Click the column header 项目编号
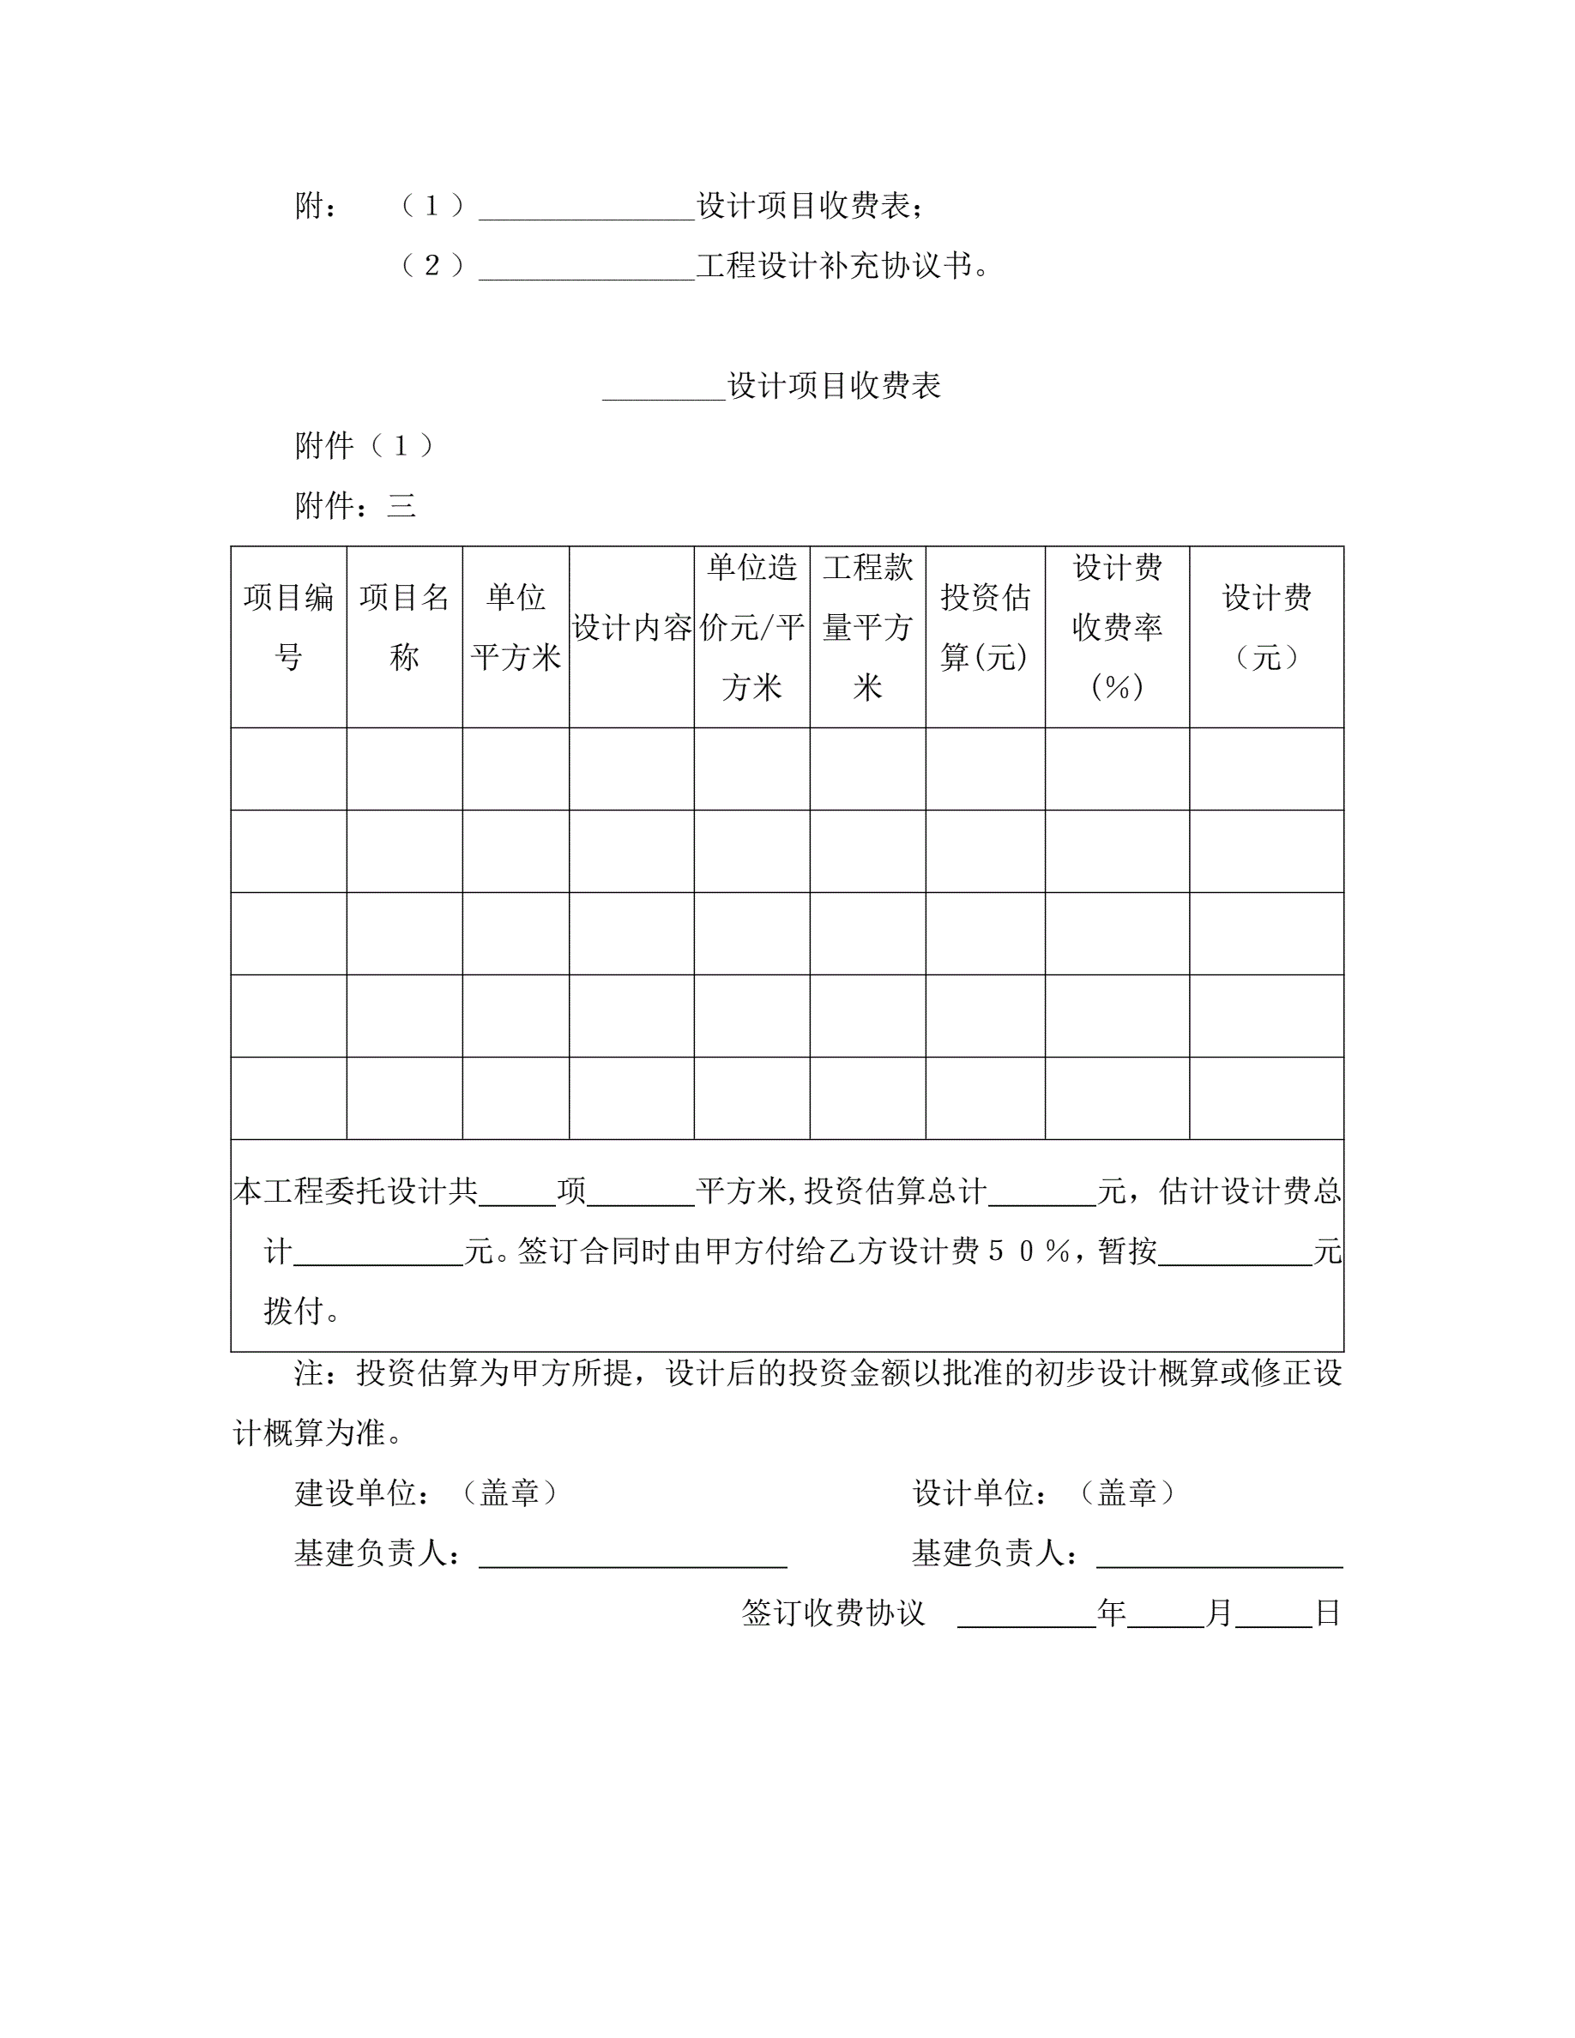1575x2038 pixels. click(288, 627)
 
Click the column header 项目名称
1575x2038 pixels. click(404, 627)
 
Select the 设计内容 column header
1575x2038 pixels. click(631, 628)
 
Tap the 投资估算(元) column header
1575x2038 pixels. click(986, 627)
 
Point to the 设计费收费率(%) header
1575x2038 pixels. click(1117, 627)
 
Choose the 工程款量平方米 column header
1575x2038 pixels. click(868, 627)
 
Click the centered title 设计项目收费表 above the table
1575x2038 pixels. click(833, 385)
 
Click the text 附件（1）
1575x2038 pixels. click(365, 446)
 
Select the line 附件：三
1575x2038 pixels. click(354, 506)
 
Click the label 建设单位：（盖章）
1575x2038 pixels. click(427, 1494)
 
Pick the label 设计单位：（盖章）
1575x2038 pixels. click(1044, 1494)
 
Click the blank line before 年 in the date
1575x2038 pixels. click(1026, 1615)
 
